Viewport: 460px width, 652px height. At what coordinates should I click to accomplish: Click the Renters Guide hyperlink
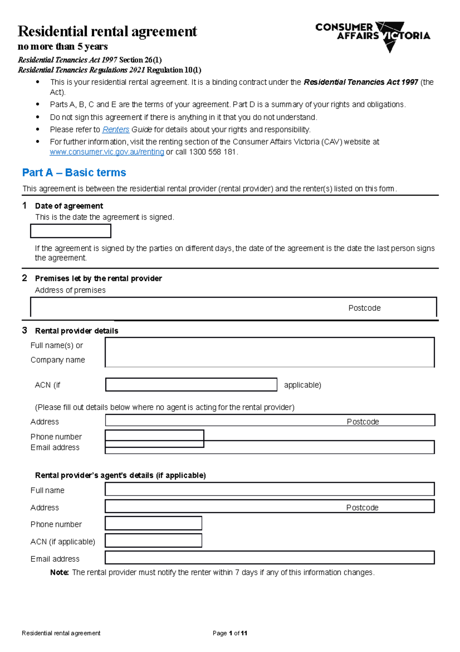point(115,129)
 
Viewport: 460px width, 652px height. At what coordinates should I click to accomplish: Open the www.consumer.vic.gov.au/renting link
point(107,152)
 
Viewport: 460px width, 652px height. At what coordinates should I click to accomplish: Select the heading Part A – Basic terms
point(74,173)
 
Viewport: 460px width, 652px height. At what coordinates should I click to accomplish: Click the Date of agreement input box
point(71,231)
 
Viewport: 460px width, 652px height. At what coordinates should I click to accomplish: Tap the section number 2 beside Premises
point(25,278)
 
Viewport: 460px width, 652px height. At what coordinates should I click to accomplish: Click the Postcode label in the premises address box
point(364,308)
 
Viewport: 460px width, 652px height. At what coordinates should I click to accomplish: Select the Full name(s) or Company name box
point(269,352)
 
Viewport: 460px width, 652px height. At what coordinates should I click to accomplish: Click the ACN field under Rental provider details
point(191,385)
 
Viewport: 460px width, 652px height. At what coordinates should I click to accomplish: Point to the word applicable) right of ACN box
point(302,385)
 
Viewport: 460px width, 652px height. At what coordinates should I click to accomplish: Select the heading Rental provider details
point(76,331)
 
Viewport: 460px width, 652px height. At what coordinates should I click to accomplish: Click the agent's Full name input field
point(269,489)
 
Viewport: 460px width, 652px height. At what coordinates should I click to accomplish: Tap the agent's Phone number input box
point(153,523)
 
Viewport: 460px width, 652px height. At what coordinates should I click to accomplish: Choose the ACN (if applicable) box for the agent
point(153,541)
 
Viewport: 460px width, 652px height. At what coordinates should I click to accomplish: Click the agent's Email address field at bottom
point(269,558)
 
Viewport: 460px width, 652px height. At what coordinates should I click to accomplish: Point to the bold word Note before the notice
point(59,573)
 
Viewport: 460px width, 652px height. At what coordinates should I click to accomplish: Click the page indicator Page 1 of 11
point(230,633)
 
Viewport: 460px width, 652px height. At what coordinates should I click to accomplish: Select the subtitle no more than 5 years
point(62,47)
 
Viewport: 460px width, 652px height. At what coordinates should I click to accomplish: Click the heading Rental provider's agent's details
point(120,475)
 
